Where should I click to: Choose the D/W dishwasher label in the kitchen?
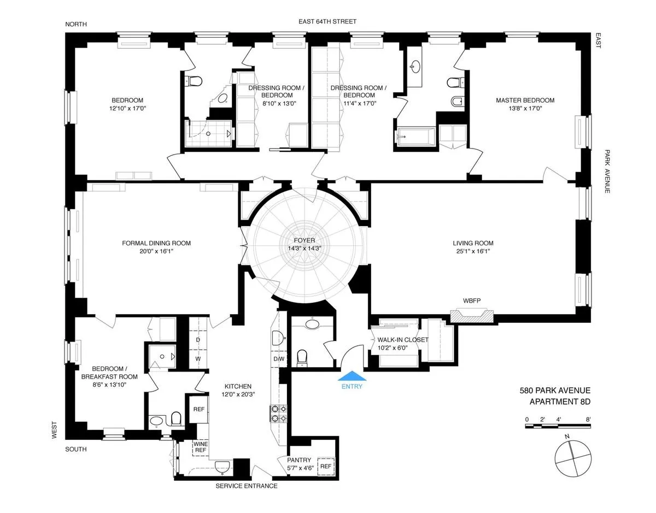point(279,359)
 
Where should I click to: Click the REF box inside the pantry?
point(326,466)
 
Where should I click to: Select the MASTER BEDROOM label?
point(525,101)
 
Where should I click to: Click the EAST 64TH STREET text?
point(327,22)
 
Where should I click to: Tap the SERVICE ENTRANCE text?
point(247,486)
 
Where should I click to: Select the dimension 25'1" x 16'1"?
point(473,251)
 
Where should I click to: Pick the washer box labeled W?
point(198,358)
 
